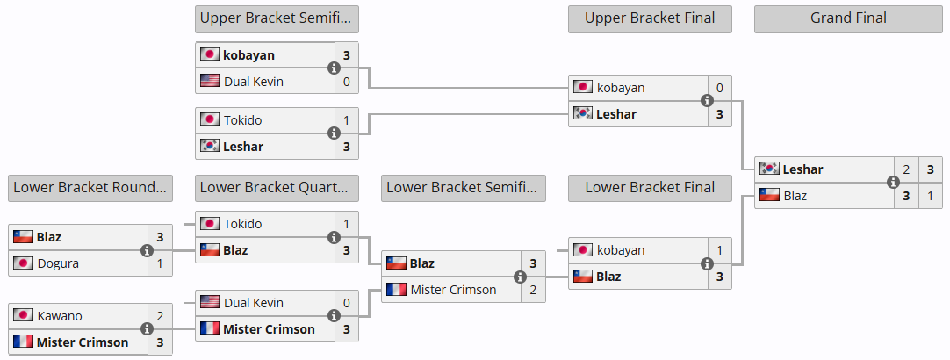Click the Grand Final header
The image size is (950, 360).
coord(848,18)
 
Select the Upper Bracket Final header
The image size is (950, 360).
coord(650,18)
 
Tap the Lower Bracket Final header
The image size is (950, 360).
coord(650,187)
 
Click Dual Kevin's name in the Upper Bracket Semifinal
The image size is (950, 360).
coord(254,82)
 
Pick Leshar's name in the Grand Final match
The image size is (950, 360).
coord(802,169)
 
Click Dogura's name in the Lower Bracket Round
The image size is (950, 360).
coord(59,263)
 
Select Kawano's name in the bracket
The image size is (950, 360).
coord(59,316)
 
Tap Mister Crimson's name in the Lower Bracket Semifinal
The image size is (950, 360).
coord(453,290)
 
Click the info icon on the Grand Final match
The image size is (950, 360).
coord(893,183)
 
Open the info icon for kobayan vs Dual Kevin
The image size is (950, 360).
coord(334,68)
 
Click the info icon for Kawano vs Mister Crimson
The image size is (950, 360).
coord(148,329)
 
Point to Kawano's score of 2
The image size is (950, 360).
coord(160,316)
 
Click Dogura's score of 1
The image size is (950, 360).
coord(160,263)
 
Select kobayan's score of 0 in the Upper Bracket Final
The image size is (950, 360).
coord(719,88)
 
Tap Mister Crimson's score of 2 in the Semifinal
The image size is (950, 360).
coord(533,290)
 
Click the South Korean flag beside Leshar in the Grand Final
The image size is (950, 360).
coord(769,169)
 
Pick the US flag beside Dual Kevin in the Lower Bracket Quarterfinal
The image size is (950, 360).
coord(209,303)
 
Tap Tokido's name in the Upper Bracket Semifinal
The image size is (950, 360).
coord(243,120)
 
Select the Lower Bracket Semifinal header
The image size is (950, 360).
coord(464,187)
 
